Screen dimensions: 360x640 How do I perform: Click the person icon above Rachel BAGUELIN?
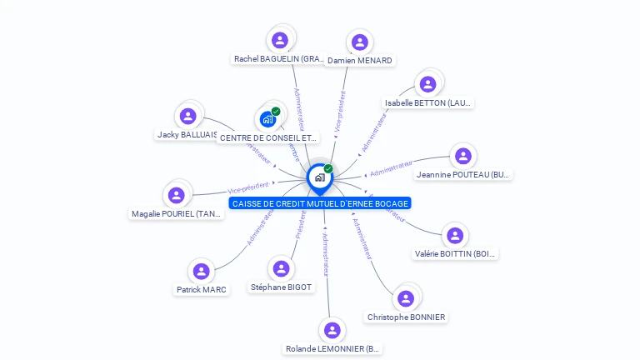pyautogui.click(x=280, y=40)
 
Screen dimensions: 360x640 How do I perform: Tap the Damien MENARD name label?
pyautogui.click(x=360, y=60)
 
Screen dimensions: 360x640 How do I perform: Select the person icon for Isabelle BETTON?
pyautogui.click(x=427, y=84)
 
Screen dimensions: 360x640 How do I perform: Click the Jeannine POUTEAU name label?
pyautogui.click(x=463, y=175)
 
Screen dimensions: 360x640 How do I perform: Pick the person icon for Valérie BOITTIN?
pyautogui.click(x=454, y=236)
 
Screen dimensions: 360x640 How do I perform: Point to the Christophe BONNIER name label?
pyautogui.click(x=406, y=317)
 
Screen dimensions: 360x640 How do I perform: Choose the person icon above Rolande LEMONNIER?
pyautogui.click(x=332, y=330)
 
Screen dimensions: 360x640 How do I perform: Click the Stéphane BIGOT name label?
pyautogui.click(x=281, y=287)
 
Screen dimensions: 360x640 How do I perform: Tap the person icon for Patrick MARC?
pyautogui.click(x=201, y=271)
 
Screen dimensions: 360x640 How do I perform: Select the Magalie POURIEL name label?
pyautogui.click(x=177, y=214)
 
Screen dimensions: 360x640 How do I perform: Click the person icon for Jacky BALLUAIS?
pyautogui.click(x=188, y=116)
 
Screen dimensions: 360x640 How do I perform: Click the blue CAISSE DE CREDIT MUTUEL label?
pyautogui.click(x=320, y=204)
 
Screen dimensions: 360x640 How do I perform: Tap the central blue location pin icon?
pyautogui.click(x=319, y=177)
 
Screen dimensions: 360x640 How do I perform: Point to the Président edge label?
pyautogui.click(x=300, y=225)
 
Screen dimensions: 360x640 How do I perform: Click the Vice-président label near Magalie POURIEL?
pyautogui.click(x=248, y=188)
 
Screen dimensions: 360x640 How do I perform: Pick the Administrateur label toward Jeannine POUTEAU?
pyautogui.click(x=392, y=169)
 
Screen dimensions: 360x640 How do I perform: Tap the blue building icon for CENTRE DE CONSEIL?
pyautogui.click(x=267, y=118)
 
